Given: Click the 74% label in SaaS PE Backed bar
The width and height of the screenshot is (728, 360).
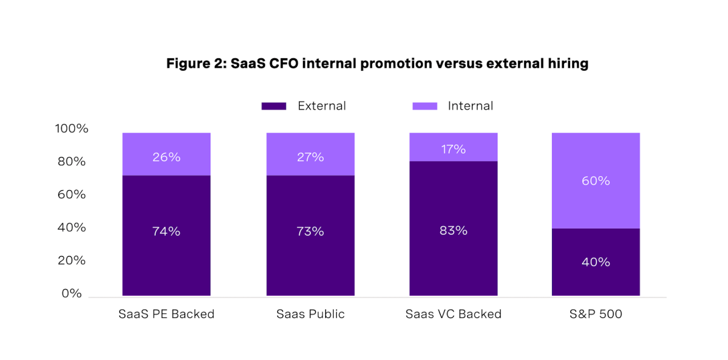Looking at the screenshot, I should [166, 231].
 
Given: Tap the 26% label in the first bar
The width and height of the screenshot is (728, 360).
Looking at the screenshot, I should [166, 157].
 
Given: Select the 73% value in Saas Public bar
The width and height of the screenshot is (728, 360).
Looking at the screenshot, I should [310, 231].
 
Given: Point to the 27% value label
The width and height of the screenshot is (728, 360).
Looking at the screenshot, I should [310, 157].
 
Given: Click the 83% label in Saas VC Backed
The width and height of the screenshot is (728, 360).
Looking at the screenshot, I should [453, 231].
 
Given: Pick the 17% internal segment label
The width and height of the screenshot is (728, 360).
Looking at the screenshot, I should [453, 149].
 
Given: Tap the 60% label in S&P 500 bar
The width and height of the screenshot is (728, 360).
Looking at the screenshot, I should [596, 181].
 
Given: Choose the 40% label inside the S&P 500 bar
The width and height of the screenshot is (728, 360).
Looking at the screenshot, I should [596, 262].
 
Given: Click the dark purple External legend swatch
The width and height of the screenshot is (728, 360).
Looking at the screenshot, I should [274, 106].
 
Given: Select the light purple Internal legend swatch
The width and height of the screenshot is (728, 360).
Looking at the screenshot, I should [425, 106].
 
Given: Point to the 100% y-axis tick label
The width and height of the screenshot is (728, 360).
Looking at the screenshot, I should [71, 129].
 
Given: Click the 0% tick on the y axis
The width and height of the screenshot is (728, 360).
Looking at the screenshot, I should [71, 293].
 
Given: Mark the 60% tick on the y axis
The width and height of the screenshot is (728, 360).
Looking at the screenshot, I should [71, 195].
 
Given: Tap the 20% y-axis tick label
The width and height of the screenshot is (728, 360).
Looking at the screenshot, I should [71, 260].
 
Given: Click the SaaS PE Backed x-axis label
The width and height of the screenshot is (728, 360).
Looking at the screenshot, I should [166, 314].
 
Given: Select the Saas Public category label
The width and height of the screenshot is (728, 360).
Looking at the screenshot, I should [310, 314].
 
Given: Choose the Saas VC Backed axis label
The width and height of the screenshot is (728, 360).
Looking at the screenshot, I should [453, 314].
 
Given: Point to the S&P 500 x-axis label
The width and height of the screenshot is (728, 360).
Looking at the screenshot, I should [596, 314].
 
